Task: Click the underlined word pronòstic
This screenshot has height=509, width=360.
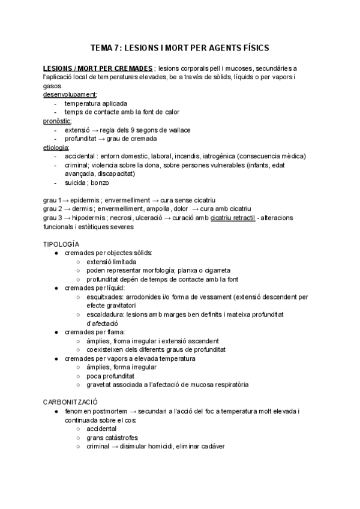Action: [56, 121]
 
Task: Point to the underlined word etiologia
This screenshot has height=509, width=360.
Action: [56, 147]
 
